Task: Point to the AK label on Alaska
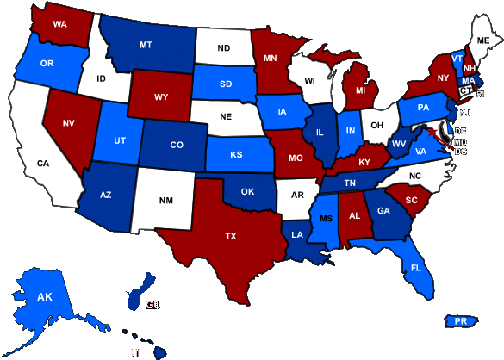pyautogui.click(x=45, y=297)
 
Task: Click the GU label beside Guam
pyautogui.click(x=153, y=305)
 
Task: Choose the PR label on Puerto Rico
pyautogui.click(x=460, y=321)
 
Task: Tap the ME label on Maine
pyautogui.click(x=482, y=40)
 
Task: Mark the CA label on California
pyautogui.click(x=43, y=162)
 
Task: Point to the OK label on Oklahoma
pyautogui.click(x=247, y=192)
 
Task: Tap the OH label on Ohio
pyautogui.click(x=377, y=126)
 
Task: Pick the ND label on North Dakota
pyautogui.click(x=224, y=48)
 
